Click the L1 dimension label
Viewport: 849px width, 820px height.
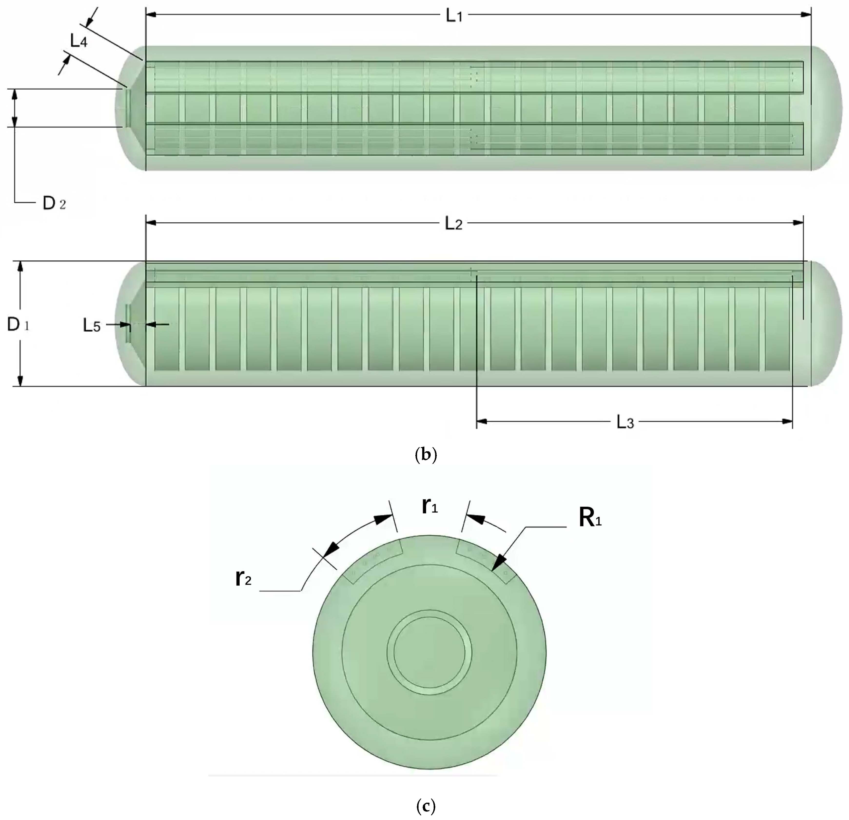454,16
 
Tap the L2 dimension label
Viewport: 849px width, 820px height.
454,224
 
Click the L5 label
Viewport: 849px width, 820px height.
91,326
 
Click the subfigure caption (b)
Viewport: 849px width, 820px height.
425,454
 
